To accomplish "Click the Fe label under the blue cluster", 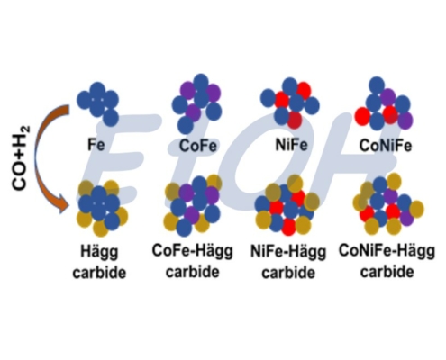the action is click(x=96, y=145).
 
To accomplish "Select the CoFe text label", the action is click(x=197, y=146).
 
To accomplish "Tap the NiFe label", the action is click(x=291, y=145).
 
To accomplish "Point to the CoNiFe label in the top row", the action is click(x=386, y=146).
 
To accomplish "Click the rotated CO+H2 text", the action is click(x=22, y=158).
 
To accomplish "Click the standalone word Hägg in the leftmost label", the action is click(x=99, y=251).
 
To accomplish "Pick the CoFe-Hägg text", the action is click(x=192, y=250).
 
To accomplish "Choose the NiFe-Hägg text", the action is click(x=288, y=251).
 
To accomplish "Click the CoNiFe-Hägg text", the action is click(x=387, y=250).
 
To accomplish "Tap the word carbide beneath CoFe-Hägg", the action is click(x=193, y=272).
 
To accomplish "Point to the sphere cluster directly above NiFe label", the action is click(x=290, y=103).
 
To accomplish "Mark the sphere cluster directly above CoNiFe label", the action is click(x=384, y=103).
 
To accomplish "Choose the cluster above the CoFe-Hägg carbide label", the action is click(x=193, y=205).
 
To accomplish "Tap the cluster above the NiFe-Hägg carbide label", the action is click(x=287, y=205).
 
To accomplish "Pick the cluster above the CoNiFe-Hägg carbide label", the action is click(x=388, y=204).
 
